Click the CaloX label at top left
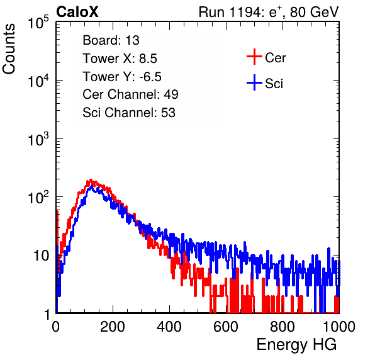[x=77, y=12]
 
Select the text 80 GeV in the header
[x=315, y=12]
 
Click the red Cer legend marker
[x=254, y=57]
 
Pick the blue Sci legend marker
[x=254, y=82]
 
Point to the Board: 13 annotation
[x=111, y=40]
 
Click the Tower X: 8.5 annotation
[x=120, y=59]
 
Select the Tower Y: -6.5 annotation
[x=122, y=77]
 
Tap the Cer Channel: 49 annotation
[x=130, y=94]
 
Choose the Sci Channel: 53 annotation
[x=129, y=113]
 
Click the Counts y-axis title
[x=9, y=49]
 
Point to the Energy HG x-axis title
[x=296, y=345]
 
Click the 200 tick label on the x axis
[x=113, y=327]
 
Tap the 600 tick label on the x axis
[x=226, y=327]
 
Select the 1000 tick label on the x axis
[x=339, y=327]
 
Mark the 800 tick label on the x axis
[x=283, y=327]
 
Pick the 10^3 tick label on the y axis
[x=38, y=139]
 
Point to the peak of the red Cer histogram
[x=91, y=180]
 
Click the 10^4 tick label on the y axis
[x=38, y=81]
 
